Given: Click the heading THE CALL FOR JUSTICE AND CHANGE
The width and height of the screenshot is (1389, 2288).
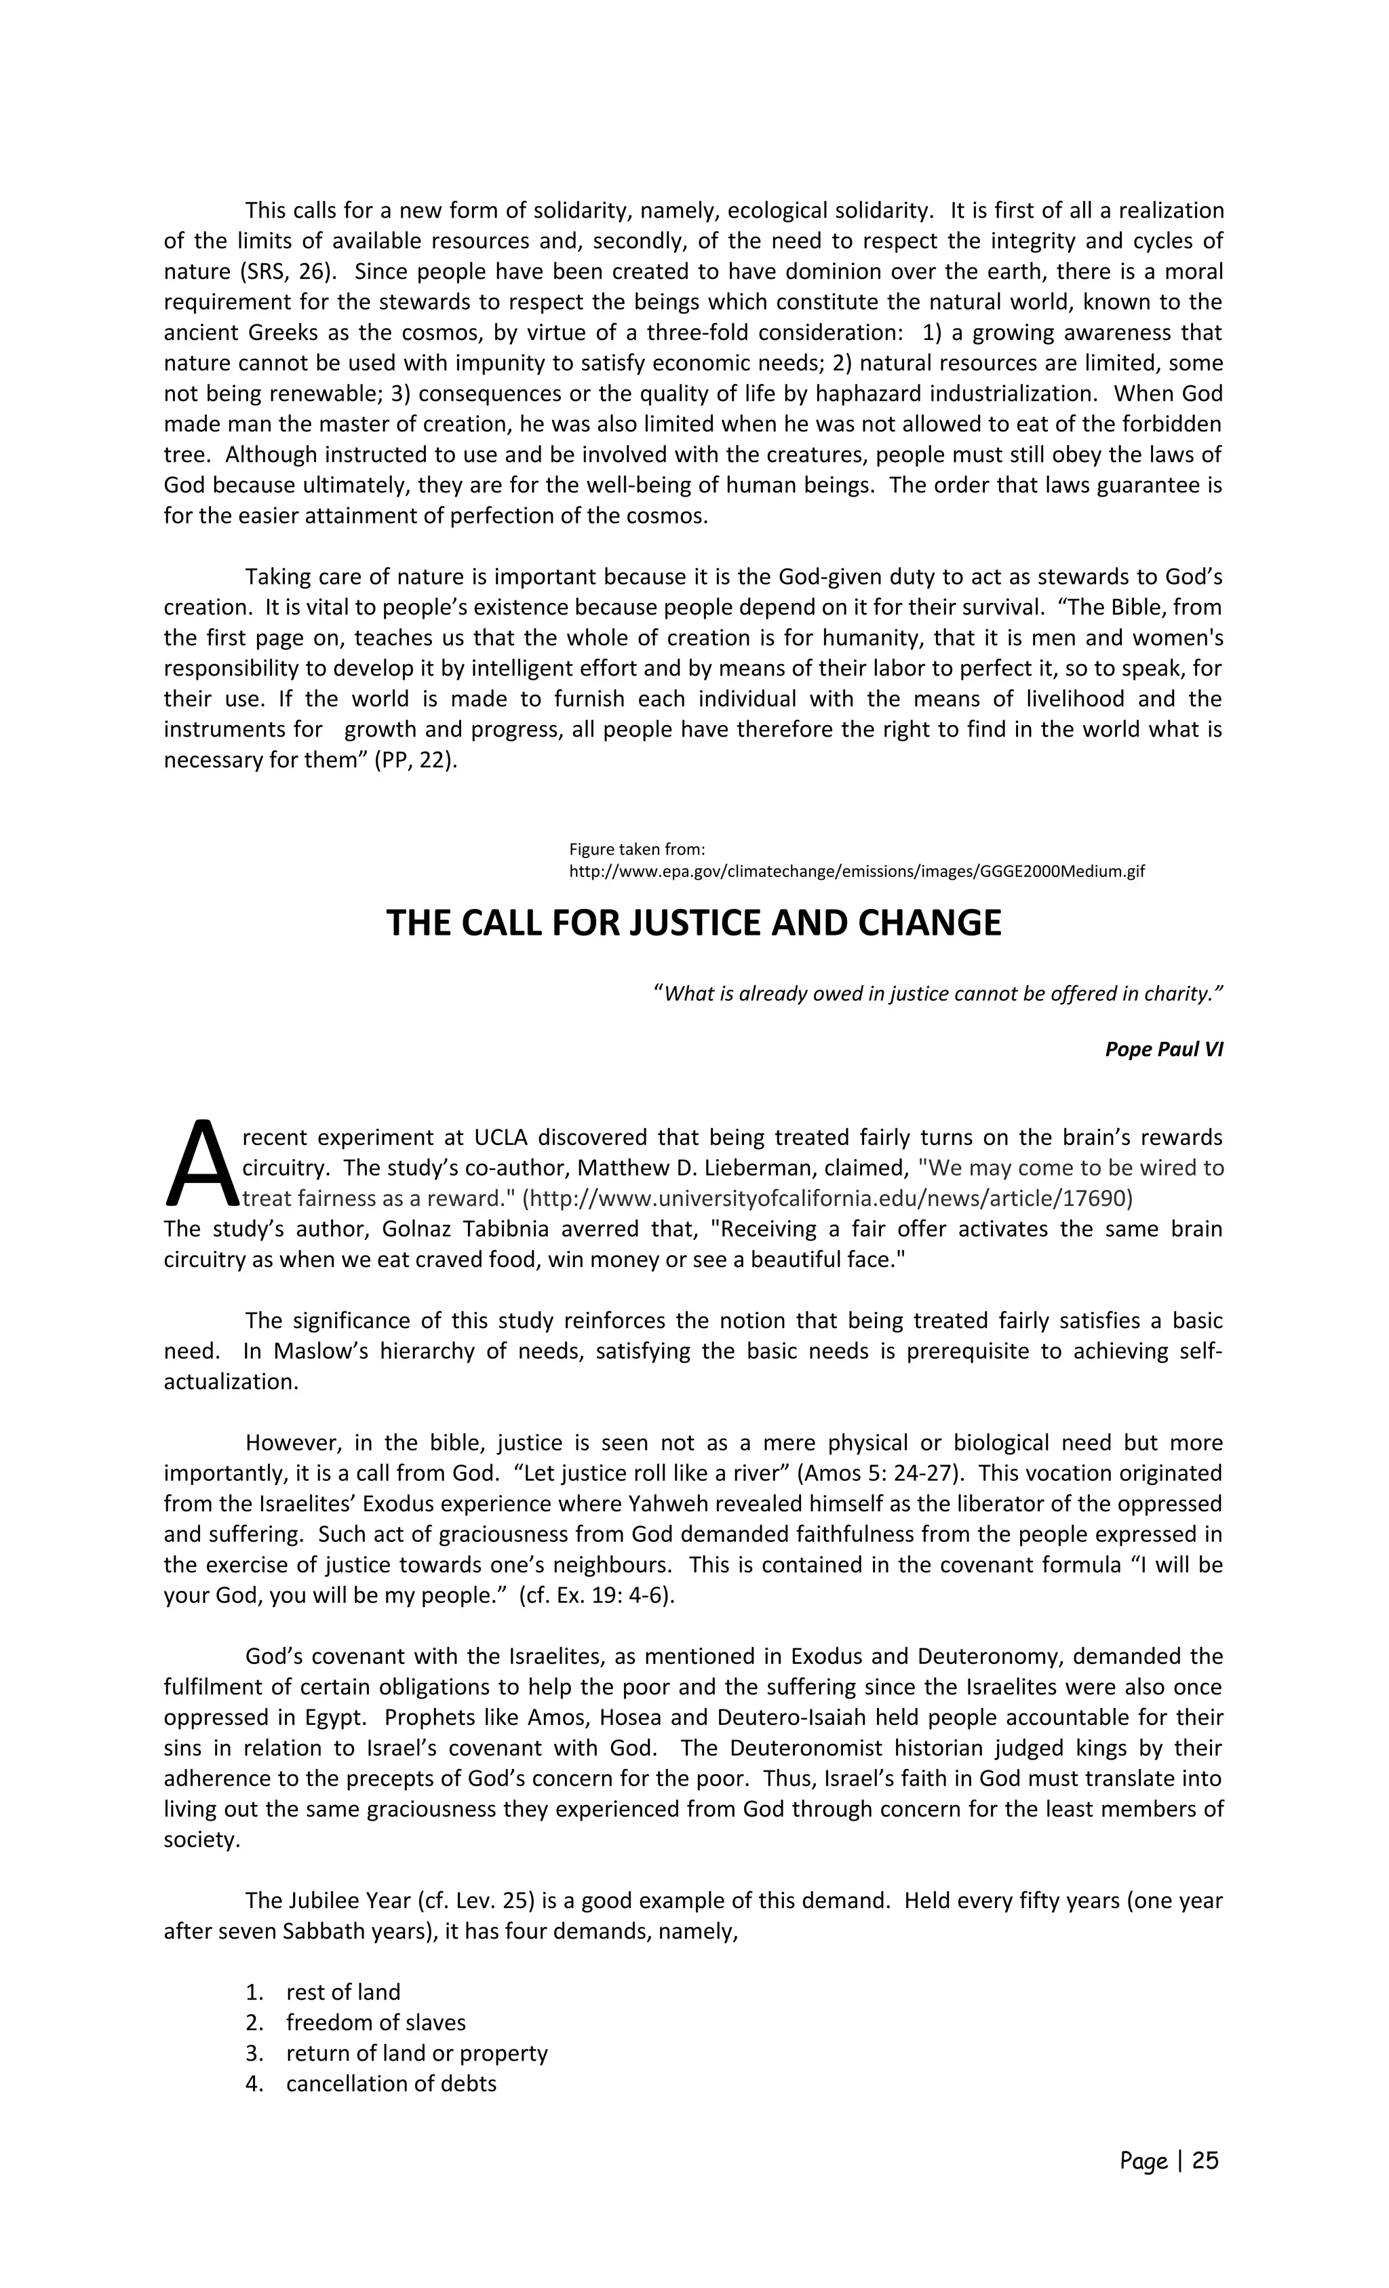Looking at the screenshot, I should tap(694, 923).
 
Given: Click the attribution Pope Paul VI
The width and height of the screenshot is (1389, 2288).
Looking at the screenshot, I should tap(1163, 1049).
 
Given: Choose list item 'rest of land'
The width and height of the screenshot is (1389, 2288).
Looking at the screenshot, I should tap(343, 1991).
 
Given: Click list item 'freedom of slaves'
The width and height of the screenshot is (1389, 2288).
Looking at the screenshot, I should tap(375, 2021).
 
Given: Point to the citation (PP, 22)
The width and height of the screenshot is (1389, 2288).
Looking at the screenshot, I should tap(415, 760).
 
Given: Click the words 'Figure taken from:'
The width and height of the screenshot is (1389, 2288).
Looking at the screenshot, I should tap(637, 849).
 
